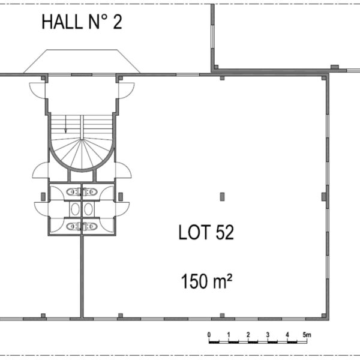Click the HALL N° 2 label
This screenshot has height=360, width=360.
click(82, 22)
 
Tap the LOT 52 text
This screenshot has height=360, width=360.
click(206, 232)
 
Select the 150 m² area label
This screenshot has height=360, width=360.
click(206, 281)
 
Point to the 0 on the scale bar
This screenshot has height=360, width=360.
click(209, 335)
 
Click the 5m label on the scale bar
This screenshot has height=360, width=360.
click(307, 335)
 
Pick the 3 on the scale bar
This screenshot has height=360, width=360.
click(268, 335)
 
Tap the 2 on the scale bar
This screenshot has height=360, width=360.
click(248, 335)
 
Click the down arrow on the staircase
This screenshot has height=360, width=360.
click(65, 124)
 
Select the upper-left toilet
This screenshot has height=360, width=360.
click(73, 192)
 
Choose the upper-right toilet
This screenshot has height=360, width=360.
click(90, 192)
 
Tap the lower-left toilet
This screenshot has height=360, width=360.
click(73, 227)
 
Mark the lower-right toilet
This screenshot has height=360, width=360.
click(90, 227)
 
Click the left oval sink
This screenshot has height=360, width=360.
click(75, 209)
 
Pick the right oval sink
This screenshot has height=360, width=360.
click(88, 209)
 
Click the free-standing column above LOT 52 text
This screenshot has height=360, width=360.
click(222, 197)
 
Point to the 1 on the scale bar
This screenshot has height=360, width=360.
click(229, 335)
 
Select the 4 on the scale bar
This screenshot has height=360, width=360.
click(287, 335)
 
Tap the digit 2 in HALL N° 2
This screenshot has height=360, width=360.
click(118, 22)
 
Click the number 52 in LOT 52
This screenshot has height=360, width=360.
click(224, 232)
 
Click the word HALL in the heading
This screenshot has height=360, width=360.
click(62, 22)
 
